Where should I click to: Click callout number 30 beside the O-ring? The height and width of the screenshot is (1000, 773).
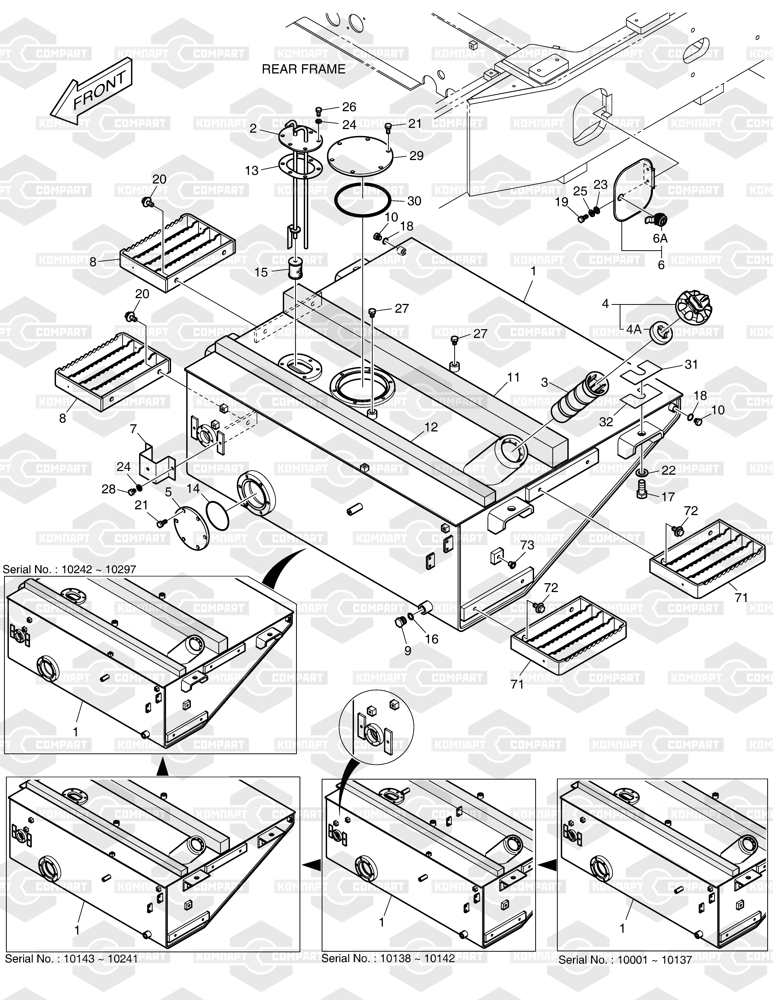[x=414, y=201]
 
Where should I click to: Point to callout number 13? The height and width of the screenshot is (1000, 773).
[x=252, y=171]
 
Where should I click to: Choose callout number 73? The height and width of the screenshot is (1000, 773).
[x=527, y=545]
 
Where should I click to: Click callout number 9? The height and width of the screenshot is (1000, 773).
[x=407, y=651]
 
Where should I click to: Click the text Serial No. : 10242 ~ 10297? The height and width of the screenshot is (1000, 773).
[x=70, y=569]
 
